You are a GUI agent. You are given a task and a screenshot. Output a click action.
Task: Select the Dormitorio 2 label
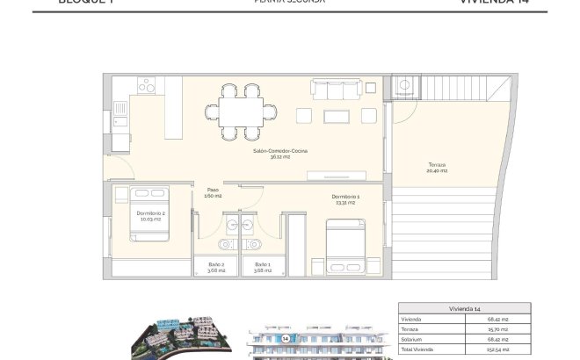(151, 214)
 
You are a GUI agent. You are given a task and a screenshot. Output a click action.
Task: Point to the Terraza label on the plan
(437, 168)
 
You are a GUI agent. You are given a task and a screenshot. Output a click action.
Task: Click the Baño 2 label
(217, 266)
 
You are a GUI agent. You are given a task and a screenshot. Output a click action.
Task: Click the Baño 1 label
(263, 266)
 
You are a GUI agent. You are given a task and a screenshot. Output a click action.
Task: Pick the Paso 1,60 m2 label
(213, 192)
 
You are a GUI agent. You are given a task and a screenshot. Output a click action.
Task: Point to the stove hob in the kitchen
(146, 86)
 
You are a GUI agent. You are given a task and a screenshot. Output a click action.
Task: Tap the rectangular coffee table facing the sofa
(337, 115)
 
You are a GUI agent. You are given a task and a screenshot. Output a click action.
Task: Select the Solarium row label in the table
(411, 339)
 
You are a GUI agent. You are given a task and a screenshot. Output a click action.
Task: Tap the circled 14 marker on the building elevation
(286, 337)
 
